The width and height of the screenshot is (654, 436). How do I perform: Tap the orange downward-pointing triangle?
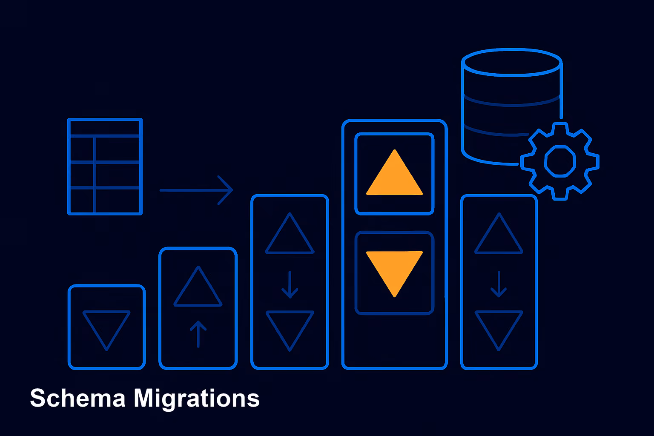click(394, 269)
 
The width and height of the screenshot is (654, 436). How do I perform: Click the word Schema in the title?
click(78, 398)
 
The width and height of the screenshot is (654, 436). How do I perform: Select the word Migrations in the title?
click(196, 399)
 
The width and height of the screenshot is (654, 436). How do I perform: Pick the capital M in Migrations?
click(144, 398)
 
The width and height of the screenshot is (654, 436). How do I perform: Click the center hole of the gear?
click(560, 161)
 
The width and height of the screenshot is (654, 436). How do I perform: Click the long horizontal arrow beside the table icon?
click(196, 190)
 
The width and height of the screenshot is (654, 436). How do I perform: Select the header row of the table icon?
click(105, 128)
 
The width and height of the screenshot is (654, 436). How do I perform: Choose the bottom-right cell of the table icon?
click(118, 201)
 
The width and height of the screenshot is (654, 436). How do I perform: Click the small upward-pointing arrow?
click(198, 334)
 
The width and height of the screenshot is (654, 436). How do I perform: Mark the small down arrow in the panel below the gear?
click(499, 284)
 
